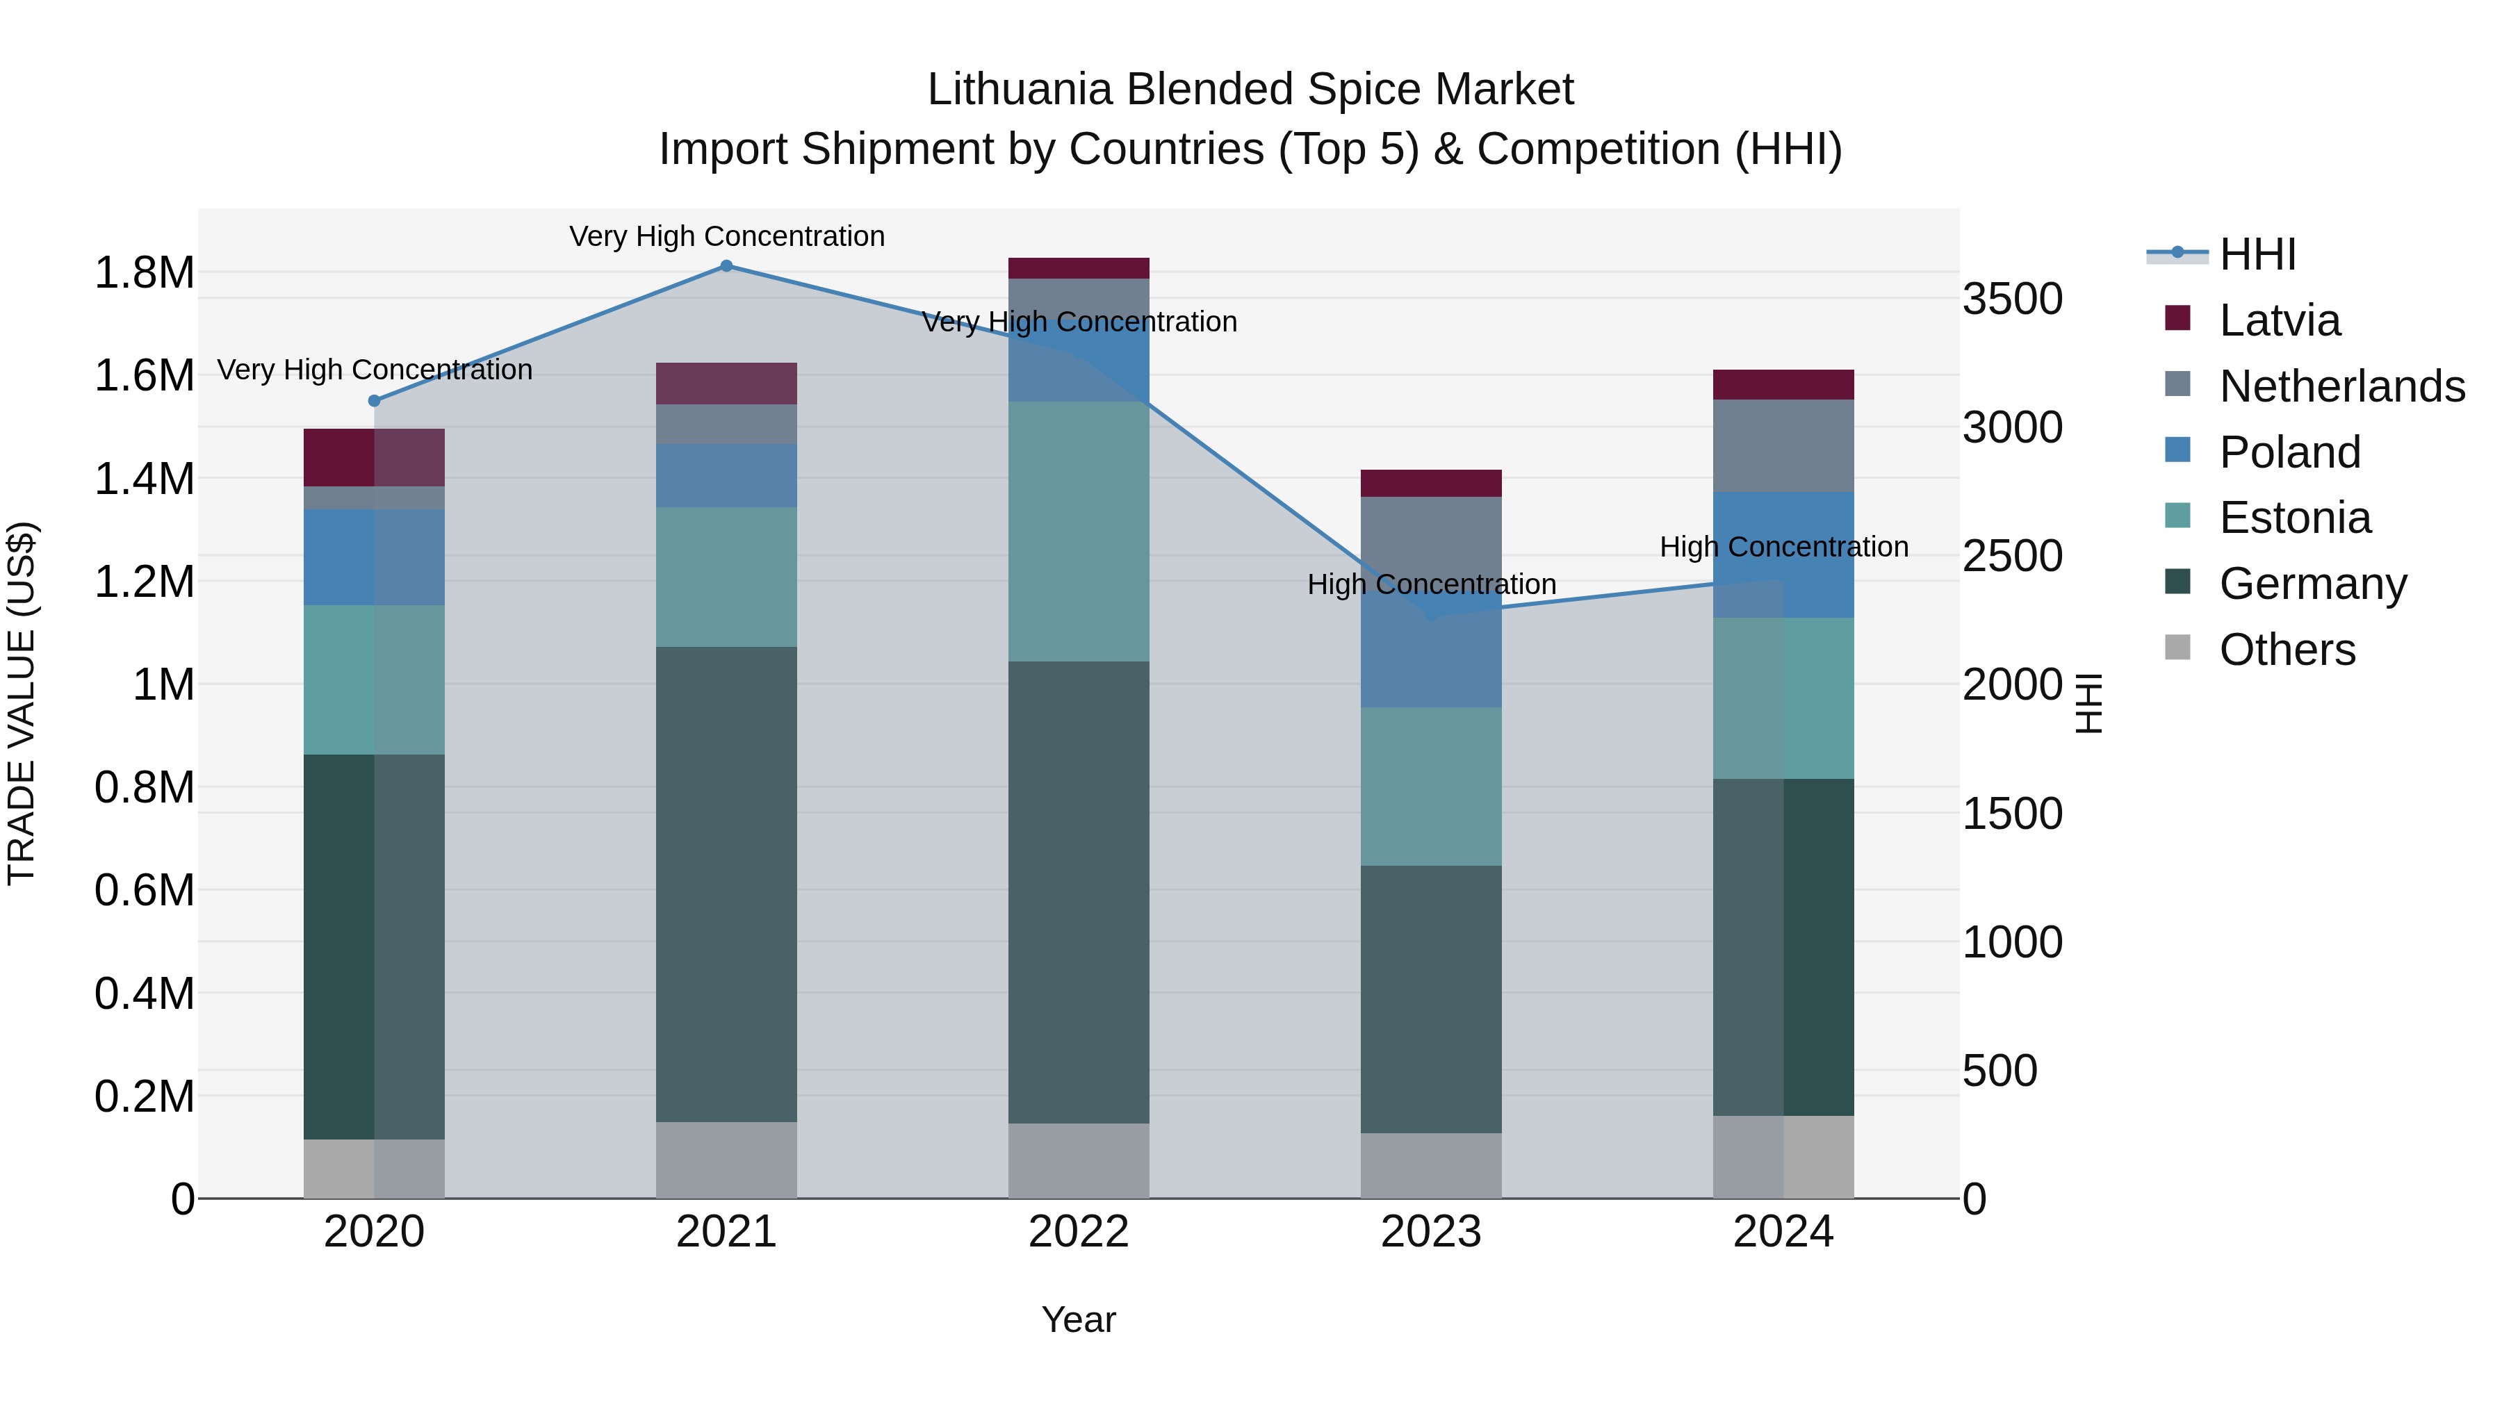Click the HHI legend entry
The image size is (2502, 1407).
2256,254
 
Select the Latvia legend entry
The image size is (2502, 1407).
2279,320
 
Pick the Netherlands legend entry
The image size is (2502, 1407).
2341,386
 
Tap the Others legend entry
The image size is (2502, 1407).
2287,650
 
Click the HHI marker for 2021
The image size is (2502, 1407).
726,266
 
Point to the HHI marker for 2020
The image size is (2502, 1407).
374,401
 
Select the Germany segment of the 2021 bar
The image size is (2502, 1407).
726,884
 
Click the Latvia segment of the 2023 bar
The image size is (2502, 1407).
1431,484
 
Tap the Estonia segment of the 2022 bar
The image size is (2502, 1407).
1078,531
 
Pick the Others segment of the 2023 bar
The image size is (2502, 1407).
1431,1165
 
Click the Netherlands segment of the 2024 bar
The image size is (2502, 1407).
1783,445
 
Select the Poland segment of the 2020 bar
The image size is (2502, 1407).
374,557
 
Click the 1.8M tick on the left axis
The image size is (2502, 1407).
144,273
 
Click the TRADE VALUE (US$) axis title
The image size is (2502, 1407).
22,703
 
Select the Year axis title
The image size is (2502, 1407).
1078,1319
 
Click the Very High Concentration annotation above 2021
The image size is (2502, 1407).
726,236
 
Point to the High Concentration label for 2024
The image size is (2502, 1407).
1783,547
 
